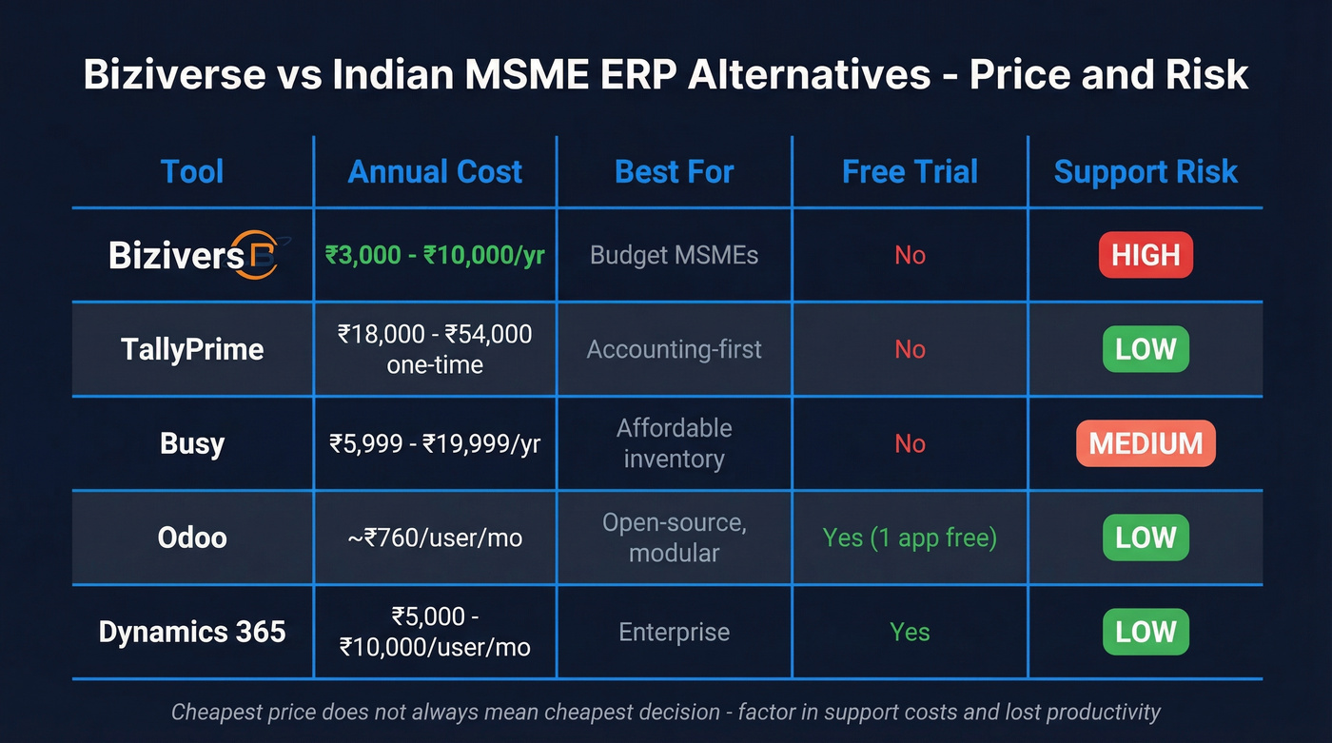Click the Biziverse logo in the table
pos(194,254)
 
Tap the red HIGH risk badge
pos(1146,255)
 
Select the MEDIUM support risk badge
pos(1146,443)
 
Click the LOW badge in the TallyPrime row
pos(1146,349)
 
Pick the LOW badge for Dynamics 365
pos(1146,632)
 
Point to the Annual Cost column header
pos(435,172)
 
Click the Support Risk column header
pos(1146,172)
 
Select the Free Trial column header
pos(910,172)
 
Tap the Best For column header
pos(674,172)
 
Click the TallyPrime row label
pos(192,349)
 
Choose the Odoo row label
pos(192,538)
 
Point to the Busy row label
pos(192,443)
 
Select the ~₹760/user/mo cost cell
pos(435,538)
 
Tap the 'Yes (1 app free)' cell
pos(910,538)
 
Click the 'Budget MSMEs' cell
pos(674,255)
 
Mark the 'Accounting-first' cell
pos(674,349)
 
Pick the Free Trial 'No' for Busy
pos(910,443)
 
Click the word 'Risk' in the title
pos(1208,75)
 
